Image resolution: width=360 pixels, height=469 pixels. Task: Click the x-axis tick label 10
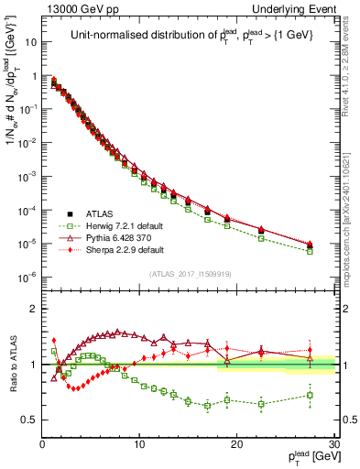pos(139,442)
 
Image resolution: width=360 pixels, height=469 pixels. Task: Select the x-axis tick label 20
pos(236,442)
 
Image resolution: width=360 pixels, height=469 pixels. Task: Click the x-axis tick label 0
pos(42,442)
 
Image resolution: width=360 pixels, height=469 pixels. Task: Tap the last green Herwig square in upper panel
pos(310,251)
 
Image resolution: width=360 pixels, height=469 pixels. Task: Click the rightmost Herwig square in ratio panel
pos(310,396)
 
